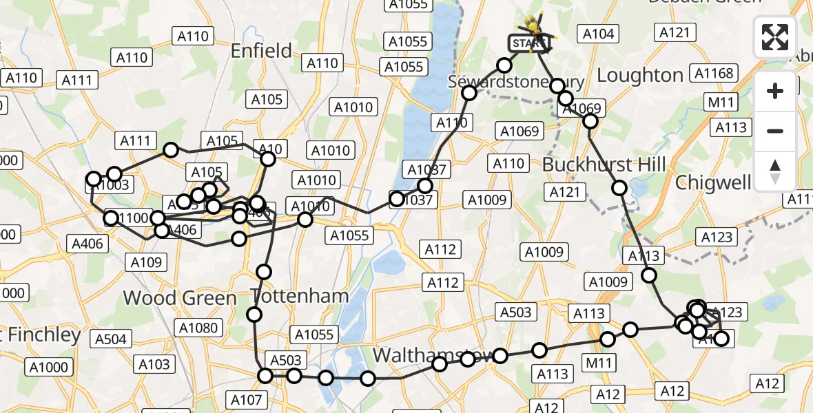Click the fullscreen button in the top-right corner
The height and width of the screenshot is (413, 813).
click(775, 37)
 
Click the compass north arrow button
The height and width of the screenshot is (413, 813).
click(775, 171)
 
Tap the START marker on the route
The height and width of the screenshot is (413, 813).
click(529, 43)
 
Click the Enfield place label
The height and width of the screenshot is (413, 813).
click(261, 50)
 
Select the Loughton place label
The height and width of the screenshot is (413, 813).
click(639, 75)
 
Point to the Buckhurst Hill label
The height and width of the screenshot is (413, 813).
click(604, 165)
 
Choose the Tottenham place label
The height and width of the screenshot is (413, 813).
click(300, 297)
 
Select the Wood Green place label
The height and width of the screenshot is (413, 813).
click(180, 298)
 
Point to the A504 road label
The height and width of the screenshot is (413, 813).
click(111, 339)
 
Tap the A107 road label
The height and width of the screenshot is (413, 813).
click(246, 400)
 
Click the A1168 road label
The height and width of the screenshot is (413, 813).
click(714, 74)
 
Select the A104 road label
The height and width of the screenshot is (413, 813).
click(598, 34)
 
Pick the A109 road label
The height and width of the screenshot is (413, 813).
click(146, 262)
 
